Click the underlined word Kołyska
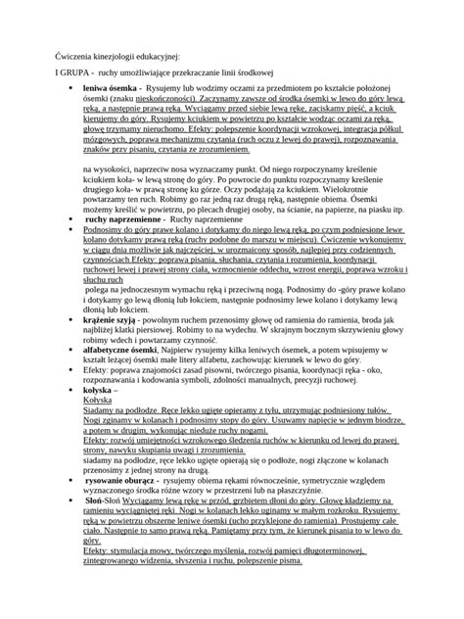click(x=103, y=427)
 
